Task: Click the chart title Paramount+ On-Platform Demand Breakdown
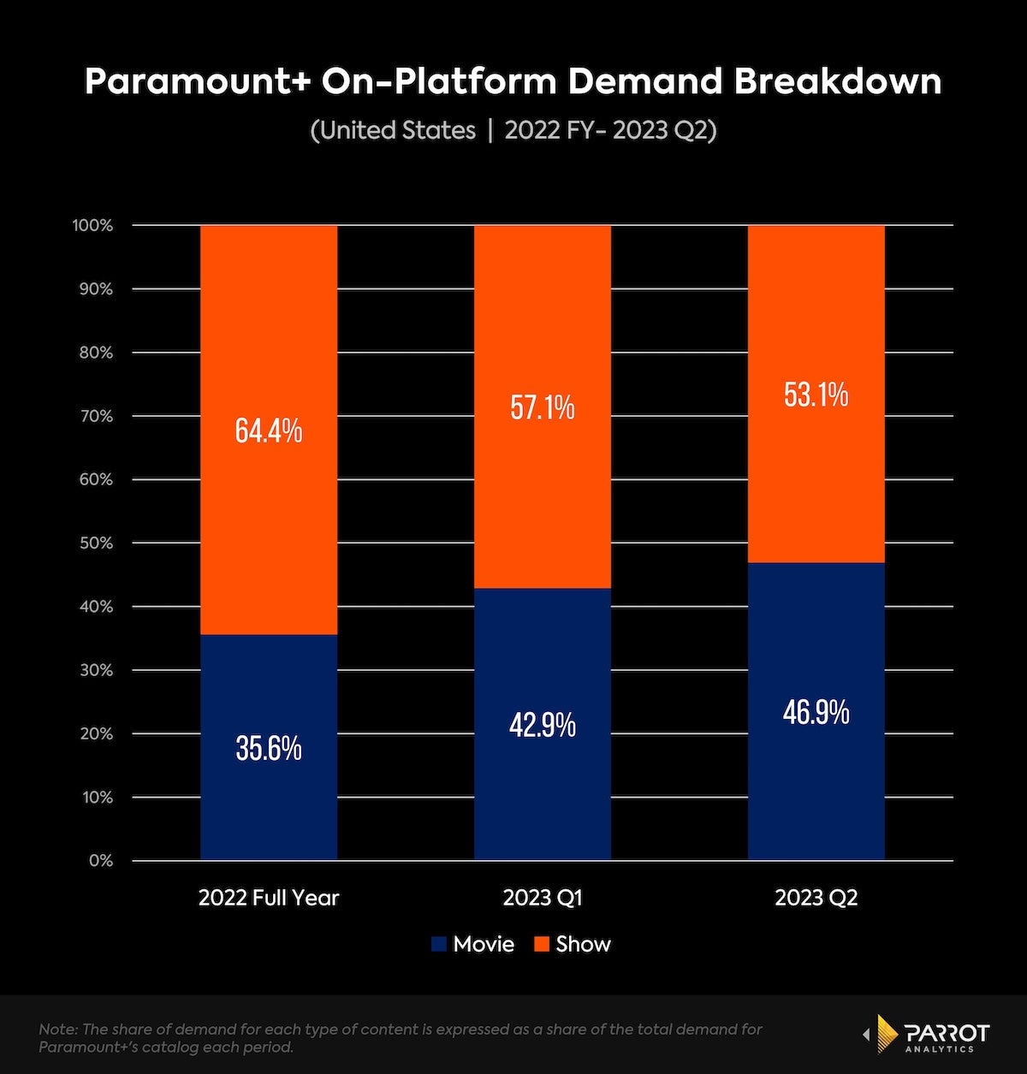(513, 81)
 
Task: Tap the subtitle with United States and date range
(513, 130)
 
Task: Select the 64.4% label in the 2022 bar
(269, 430)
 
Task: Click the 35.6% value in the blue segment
(269, 748)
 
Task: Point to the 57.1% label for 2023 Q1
(543, 407)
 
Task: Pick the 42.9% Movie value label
(543, 726)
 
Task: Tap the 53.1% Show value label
(816, 395)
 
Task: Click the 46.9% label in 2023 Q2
(816, 711)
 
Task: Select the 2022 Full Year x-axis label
(269, 898)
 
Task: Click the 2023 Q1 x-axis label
(543, 898)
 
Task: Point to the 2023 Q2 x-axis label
(816, 898)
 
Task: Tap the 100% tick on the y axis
(94, 226)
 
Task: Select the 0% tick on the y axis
(101, 861)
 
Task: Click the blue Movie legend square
(439, 945)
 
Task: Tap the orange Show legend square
(541, 945)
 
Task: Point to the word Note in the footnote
(55, 1029)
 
